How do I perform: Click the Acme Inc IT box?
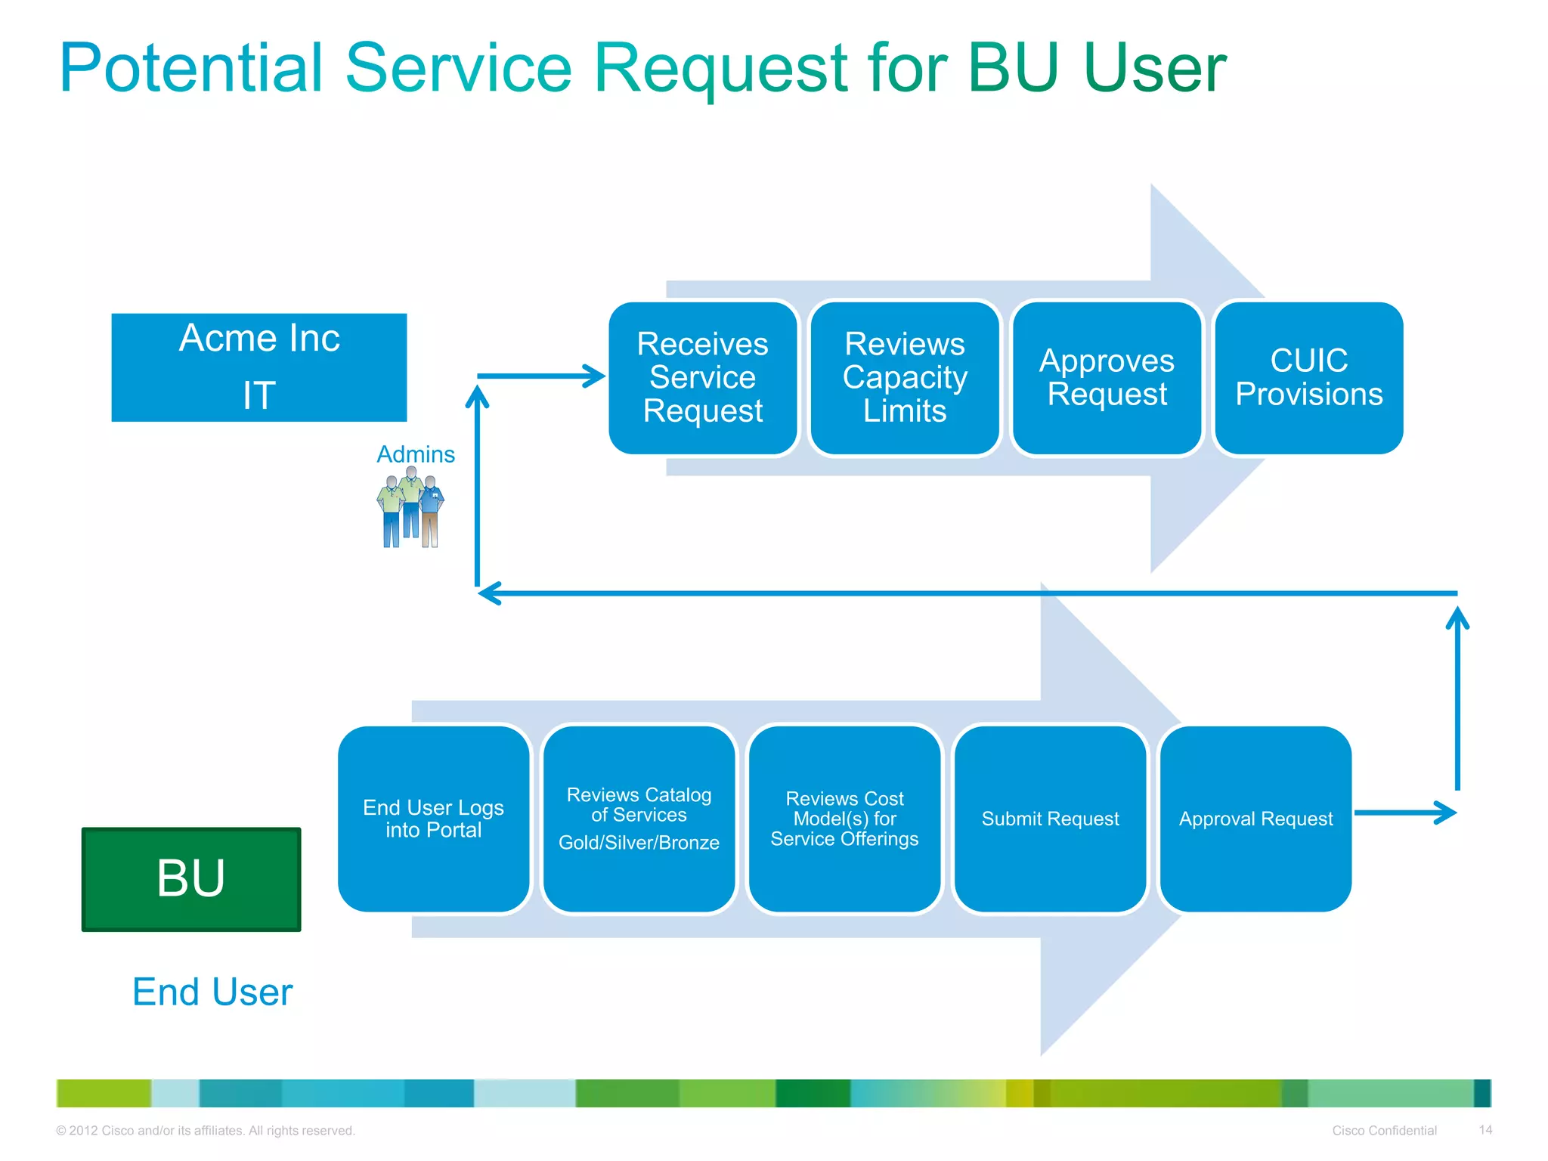(259, 367)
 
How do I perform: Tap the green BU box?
(191, 879)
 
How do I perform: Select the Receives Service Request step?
(702, 378)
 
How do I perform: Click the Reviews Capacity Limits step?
(904, 378)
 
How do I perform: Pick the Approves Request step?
(1107, 378)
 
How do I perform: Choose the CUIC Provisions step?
(1308, 378)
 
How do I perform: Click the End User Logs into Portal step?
(433, 819)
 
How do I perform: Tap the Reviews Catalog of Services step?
(639, 819)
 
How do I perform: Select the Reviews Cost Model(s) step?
(844, 819)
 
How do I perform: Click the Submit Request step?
(1050, 819)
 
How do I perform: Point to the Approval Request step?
(1255, 819)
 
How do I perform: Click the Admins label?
(416, 454)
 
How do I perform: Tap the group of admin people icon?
(410, 506)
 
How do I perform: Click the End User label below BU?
(212, 992)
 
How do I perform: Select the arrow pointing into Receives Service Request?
(540, 376)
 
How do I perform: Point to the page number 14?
(1485, 1130)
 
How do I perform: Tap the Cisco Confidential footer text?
(1384, 1131)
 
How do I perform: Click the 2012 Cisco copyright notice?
(206, 1131)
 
